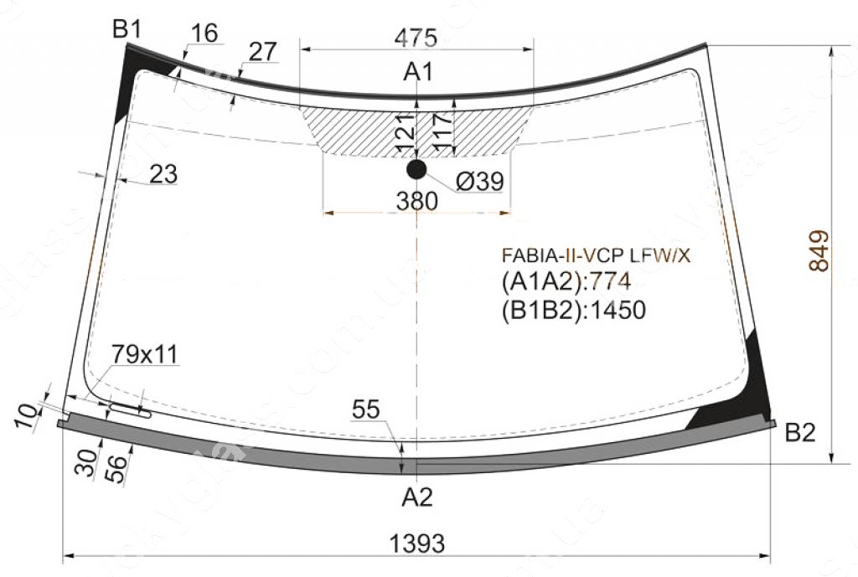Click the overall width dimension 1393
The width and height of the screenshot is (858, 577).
[x=417, y=544]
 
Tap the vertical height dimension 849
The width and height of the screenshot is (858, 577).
[x=819, y=251]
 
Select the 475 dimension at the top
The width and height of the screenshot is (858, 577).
[x=416, y=38]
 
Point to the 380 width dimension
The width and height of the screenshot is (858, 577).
[x=417, y=201]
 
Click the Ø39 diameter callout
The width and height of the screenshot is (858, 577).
[x=480, y=181]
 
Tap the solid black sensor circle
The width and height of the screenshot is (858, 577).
[x=416, y=169]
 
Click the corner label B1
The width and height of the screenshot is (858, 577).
[x=127, y=29]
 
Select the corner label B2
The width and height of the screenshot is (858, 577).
[x=800, y=433]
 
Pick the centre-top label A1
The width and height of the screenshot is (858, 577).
[x=419, y=72]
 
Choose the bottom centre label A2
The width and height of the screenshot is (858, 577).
[x=417, y=497]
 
